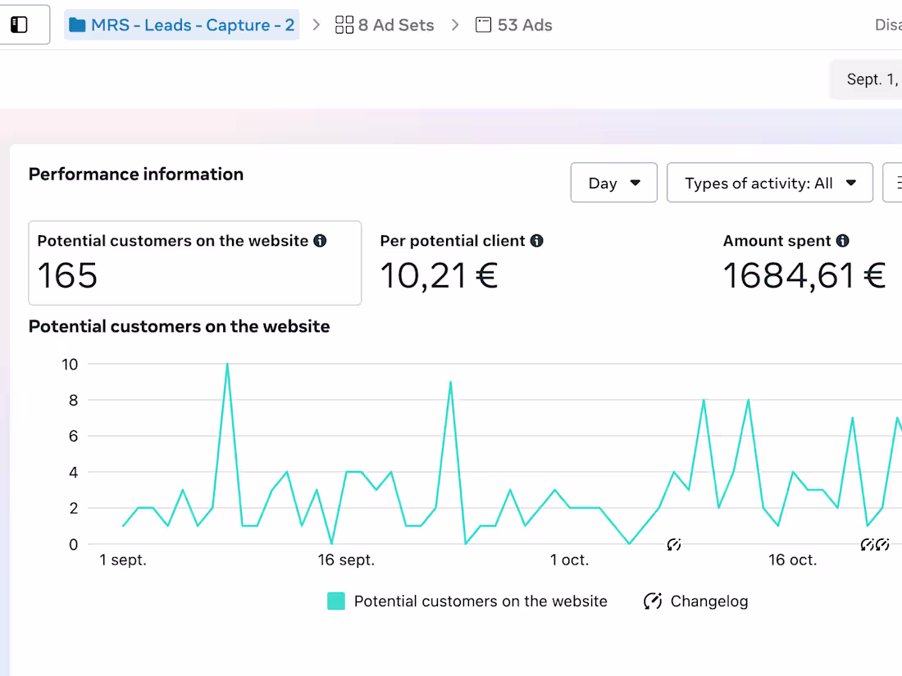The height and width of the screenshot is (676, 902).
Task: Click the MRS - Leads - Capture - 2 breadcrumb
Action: (x=182, y=25)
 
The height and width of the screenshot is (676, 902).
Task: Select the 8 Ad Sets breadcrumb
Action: (x=385, y=25)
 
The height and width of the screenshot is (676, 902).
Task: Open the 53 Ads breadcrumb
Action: (x=514, y=25)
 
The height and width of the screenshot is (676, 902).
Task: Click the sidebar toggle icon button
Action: (x=19, y=25)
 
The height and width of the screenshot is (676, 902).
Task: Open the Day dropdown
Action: (x=613, y=183)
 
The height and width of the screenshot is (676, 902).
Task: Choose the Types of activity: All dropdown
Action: (x=770, y=183)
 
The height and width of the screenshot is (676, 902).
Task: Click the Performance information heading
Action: (x=136, y=174)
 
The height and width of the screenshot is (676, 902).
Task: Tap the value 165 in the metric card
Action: (x=67, y=275)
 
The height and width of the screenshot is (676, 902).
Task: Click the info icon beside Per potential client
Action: (x=537, y=241)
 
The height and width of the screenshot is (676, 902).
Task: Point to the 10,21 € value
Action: (x=439, y=275)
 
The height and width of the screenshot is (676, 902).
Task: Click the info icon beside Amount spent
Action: (x=843, y=241)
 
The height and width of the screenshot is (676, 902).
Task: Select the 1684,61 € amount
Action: (x=804, y=275)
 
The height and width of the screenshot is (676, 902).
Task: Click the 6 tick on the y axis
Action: (x=72, y=436)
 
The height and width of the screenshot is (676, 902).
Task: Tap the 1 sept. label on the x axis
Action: (x=123, y=560)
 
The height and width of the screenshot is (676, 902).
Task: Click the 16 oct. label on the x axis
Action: (x=792, y=560)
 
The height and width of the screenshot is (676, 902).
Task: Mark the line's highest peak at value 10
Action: (x=227, y=364)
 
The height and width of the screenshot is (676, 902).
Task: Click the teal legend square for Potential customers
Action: (x=336, y=601)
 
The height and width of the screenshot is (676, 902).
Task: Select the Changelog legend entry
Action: (x=697, y=601)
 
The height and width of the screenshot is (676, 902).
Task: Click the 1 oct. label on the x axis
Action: (x=569, y=560)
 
